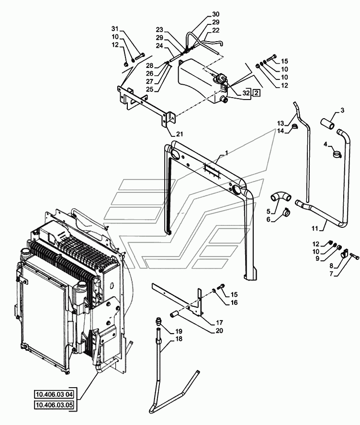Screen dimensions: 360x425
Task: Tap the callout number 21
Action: (180, 134)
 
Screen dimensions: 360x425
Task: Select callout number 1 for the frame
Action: (226, 153)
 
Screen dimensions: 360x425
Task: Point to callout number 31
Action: (115, 28)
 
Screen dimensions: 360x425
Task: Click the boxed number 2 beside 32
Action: (256, 93)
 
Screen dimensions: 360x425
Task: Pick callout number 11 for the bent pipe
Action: (315, 228)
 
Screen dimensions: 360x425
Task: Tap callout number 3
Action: (343, 110)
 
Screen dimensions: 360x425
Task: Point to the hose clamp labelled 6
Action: (286, 212)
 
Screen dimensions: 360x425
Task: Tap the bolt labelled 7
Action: (354, 255)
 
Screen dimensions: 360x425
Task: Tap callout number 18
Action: (179, 339)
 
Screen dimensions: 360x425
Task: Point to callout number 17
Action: (220, 323)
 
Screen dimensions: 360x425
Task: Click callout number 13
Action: (281, 123)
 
